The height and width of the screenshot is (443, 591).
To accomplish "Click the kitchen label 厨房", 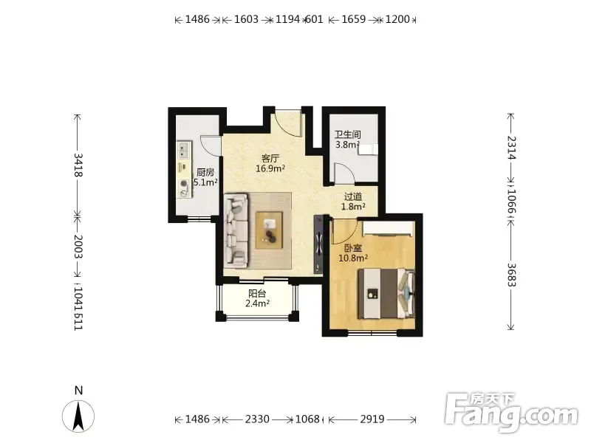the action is (205, 173).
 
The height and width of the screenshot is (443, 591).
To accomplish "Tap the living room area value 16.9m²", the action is (270, 168).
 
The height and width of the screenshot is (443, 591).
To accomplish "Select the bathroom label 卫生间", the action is (348, 134).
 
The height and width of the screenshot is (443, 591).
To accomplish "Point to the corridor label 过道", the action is (353, 196).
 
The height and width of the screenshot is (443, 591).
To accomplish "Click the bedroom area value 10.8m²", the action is (353, 258).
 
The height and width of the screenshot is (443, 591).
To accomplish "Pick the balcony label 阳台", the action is (257, 293).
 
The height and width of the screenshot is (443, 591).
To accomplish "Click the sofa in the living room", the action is (236, 230).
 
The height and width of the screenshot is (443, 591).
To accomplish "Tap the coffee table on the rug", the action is (269, 230).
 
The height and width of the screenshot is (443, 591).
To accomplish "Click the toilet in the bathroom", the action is (368, 150).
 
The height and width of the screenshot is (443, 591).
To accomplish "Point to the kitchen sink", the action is (183, 150).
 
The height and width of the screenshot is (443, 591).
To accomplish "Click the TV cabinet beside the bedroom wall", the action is (318, 244).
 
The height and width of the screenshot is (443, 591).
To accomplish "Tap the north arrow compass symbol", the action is (78, 416).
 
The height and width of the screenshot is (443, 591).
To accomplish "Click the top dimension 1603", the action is (246, 19).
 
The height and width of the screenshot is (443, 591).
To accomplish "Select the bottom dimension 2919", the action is (372, 419).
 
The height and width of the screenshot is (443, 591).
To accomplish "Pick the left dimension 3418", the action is (78, 165).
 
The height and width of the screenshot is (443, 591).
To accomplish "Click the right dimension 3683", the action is (510, 275).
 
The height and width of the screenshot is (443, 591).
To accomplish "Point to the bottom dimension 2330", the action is (257, 419).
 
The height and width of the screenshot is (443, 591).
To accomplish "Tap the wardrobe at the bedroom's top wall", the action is (387, 228).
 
